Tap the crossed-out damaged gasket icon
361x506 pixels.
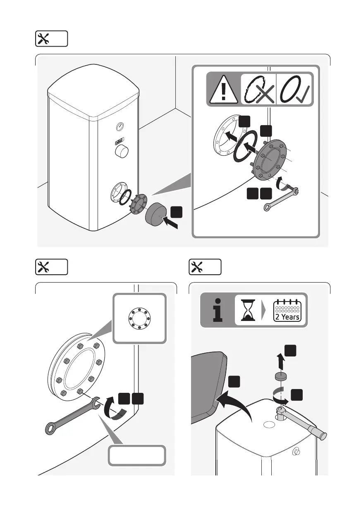[257, 89]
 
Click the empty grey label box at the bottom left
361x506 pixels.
[137, 455]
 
